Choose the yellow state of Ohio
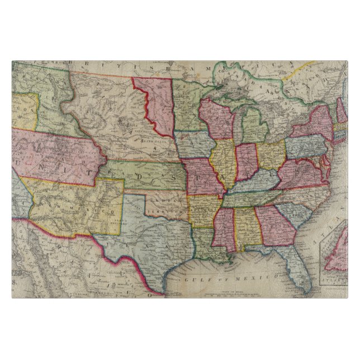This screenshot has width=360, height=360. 272,154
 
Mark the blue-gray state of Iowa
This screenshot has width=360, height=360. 193,144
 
